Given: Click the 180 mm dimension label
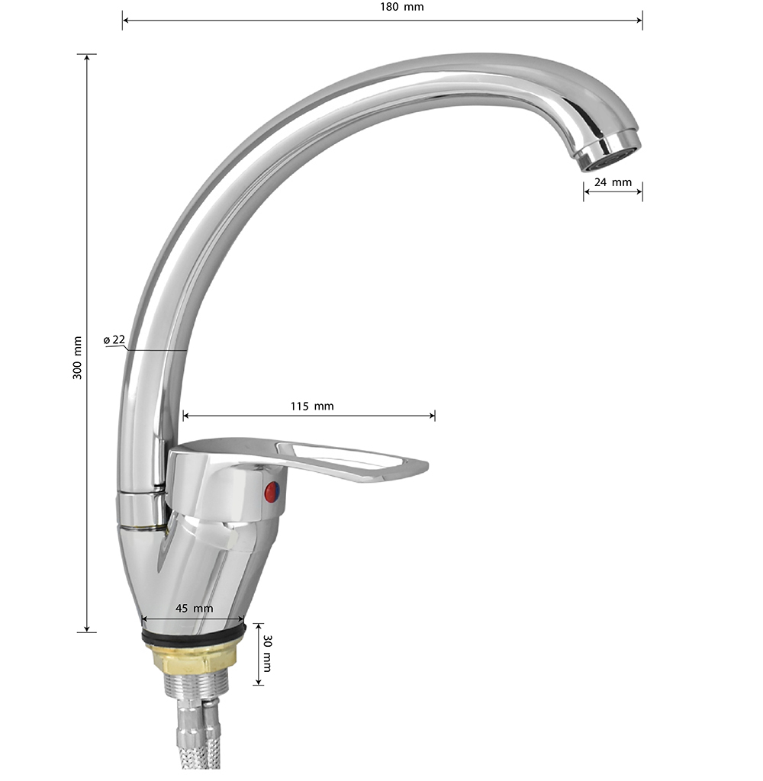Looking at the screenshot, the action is tap(401, 7).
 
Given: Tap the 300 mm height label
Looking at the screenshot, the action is tap(77, 358).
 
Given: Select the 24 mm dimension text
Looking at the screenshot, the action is tap(613, 182).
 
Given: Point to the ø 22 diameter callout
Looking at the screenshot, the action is tap(114, 339).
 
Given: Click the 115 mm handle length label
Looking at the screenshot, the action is tap(312, 406).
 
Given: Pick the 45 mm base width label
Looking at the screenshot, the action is tap(194, 608).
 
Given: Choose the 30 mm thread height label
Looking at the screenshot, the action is tap(267, 654).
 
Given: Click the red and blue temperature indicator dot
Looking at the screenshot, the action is tap(272, 492).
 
